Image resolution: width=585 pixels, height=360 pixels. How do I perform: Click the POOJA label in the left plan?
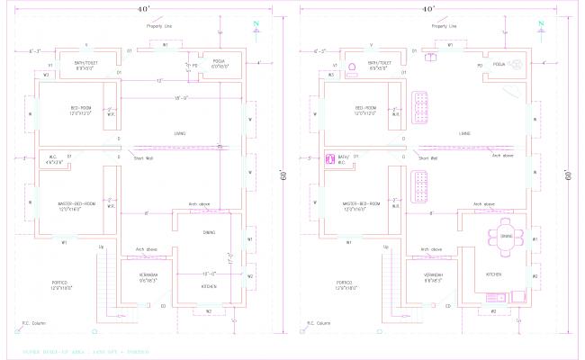coord(206,62)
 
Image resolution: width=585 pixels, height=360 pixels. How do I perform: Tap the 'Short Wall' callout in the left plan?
coord(142,158)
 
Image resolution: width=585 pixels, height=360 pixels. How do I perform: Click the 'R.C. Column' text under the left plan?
coord(33,323)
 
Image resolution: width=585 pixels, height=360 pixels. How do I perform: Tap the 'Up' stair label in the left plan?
coord(101,246)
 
